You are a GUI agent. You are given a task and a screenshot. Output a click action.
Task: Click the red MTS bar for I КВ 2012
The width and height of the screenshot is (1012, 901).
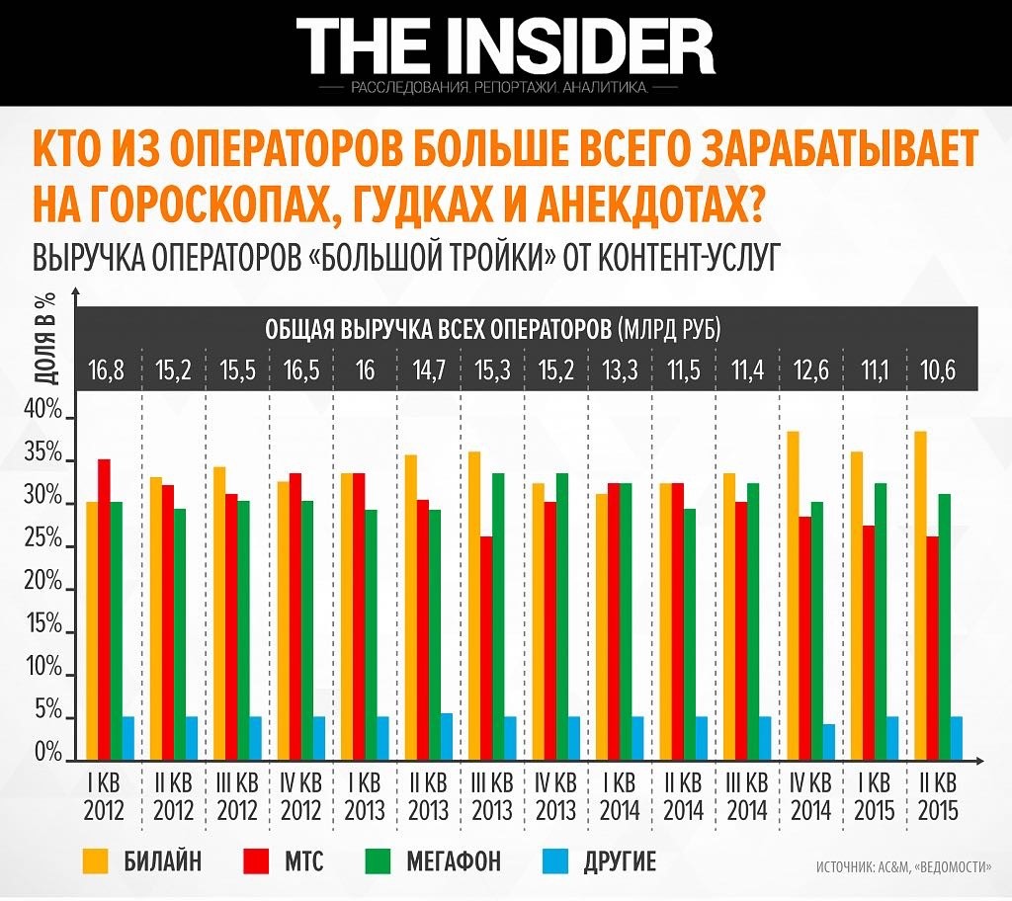click(104, 608)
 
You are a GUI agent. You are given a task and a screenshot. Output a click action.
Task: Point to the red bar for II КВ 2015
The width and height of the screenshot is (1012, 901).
click(931, 647)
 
